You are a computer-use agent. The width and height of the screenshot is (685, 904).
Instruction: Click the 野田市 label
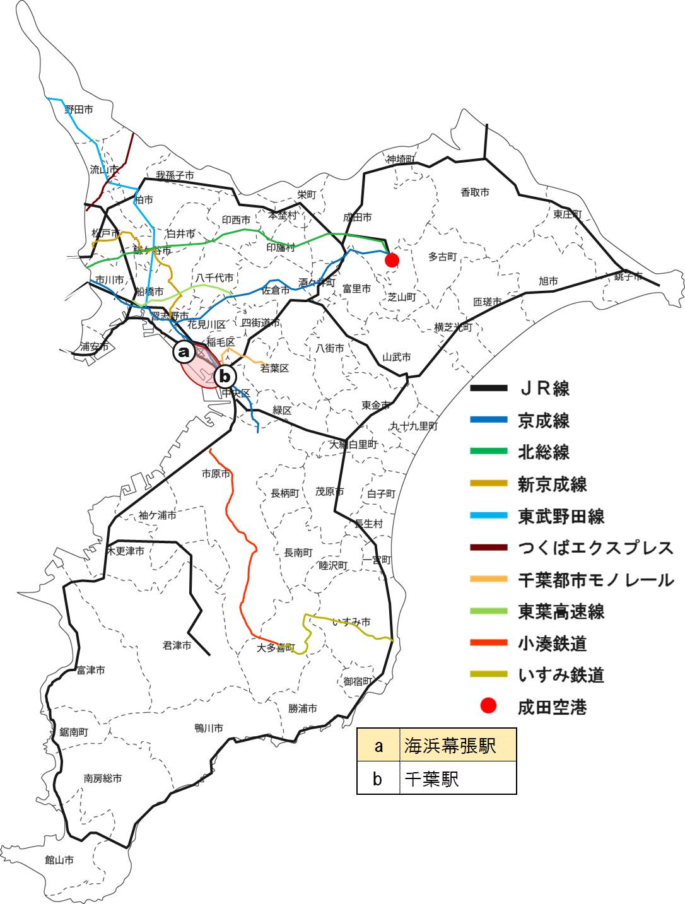tap(79, 109)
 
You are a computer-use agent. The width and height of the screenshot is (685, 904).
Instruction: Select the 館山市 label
tap(59, 860)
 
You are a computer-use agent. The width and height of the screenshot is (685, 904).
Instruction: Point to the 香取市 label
tap(474, 192)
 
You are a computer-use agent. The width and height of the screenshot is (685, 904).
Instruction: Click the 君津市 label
tap(177, 645)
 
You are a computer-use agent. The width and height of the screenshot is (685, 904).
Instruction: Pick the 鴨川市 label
tap(209, 728)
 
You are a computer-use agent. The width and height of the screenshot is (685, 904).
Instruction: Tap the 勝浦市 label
tap(303, 708)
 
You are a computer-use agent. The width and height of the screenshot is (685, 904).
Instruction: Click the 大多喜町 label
tap(276, 648)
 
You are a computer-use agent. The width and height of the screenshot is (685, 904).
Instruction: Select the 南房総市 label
tap(103, 778)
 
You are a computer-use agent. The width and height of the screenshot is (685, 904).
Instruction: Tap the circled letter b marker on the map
tap(225, 377)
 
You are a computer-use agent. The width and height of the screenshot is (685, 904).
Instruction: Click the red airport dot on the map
tap(392, 260)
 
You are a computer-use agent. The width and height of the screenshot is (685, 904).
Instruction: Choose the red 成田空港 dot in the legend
tap(488, 707)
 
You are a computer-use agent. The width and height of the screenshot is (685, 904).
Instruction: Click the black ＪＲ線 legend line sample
tap(489, 388)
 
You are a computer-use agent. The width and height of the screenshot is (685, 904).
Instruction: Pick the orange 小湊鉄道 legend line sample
tap(489, 643)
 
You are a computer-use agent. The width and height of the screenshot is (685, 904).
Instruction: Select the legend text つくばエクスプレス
tap(596, 548)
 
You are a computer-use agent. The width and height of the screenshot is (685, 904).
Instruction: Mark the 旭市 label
tap(548, 281)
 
